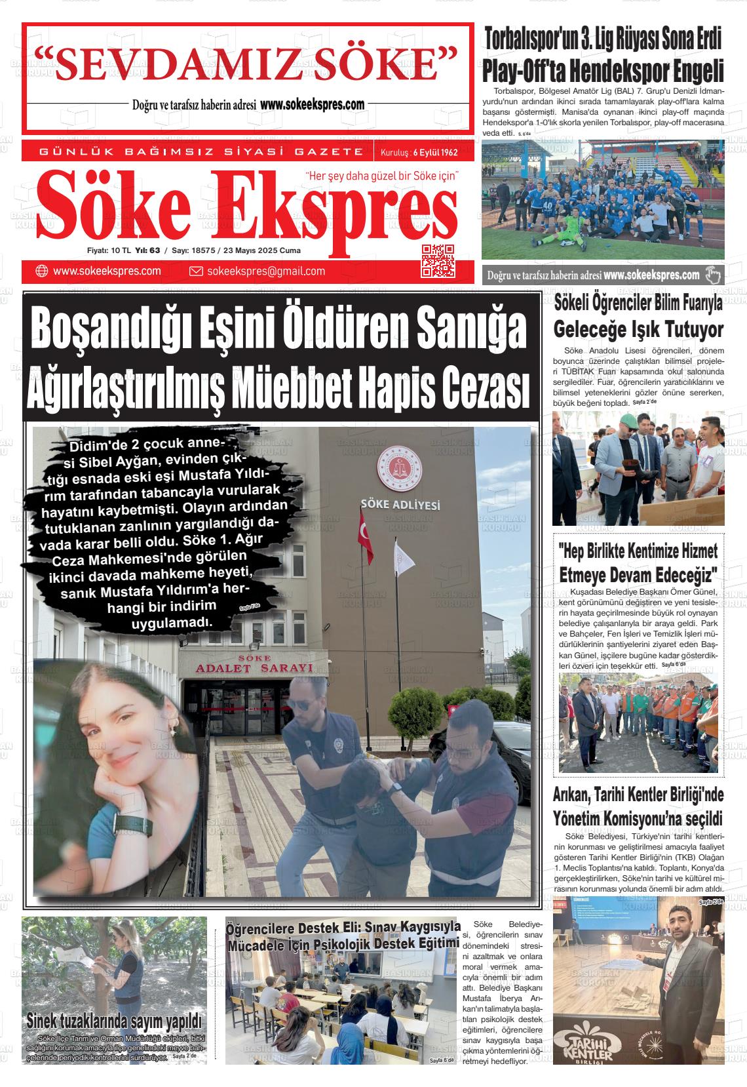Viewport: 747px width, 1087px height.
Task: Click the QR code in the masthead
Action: click(438, 260)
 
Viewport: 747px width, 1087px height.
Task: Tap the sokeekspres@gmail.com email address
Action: click(265, 271)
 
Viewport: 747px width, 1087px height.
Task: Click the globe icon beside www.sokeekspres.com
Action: click(42, 271)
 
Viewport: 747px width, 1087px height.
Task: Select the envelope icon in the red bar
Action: click(195, 271)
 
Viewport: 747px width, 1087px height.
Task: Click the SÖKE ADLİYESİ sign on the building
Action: click(400, 505)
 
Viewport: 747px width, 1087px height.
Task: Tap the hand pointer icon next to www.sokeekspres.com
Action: click(712, 275)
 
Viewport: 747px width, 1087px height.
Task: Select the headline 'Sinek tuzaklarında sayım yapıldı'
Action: click(113, 1021)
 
